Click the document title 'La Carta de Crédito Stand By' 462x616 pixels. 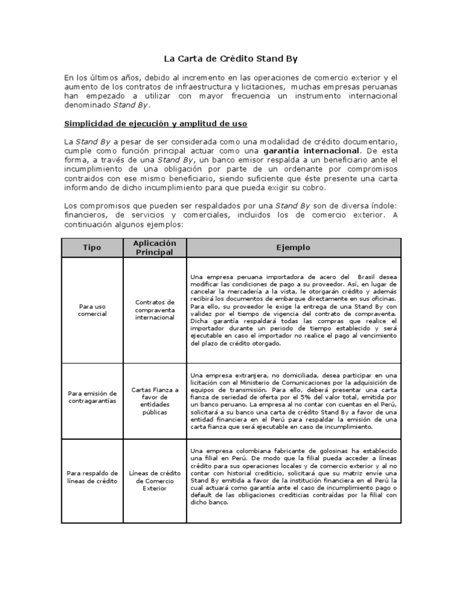(x=231, y=59)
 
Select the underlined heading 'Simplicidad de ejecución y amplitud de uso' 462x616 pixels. (x=156, y=124)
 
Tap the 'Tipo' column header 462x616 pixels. (x=92, y=248)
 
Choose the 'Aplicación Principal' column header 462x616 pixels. (x=155, y=248)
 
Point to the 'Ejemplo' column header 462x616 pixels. (x=293, y=248)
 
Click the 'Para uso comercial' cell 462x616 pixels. (x=92, y=310)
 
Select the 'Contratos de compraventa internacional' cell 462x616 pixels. (x=155, y=310)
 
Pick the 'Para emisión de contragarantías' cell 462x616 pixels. (x=92, y=397)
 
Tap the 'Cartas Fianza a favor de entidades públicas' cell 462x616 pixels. (x=155, y=401)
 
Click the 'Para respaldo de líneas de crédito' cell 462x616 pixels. (x=92, y=477)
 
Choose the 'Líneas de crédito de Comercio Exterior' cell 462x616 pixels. (x=155, y=481)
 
